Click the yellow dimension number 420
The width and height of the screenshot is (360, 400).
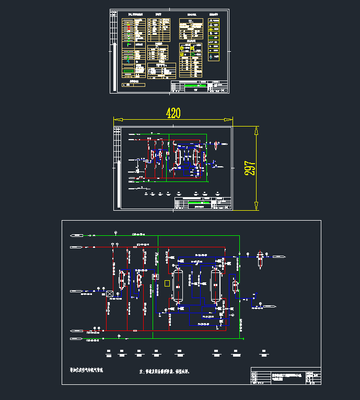pos(173,113)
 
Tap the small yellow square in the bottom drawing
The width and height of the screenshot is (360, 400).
pos(167,283)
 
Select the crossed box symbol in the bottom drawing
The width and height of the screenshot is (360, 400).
pos(110,294)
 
